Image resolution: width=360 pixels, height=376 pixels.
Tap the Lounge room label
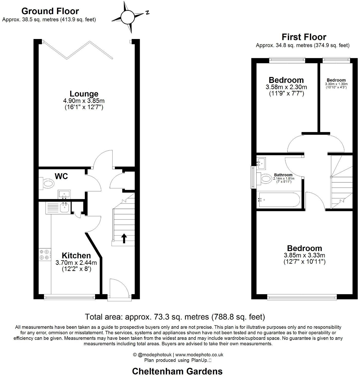tap(84, 94)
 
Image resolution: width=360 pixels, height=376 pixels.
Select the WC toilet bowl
tap(47, 183)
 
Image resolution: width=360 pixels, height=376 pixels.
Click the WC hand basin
tap(64, 194)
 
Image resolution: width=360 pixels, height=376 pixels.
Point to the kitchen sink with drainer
tap(58, 208)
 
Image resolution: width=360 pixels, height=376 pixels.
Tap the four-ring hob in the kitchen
tap(44, 255)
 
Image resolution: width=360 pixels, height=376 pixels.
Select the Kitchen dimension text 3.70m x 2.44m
tap(76, 263)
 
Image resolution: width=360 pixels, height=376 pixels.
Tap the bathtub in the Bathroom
tap(278, 200)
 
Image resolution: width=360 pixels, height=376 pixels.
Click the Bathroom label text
tap(283, 175)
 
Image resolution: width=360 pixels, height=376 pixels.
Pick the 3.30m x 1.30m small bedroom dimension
tap(336, 84)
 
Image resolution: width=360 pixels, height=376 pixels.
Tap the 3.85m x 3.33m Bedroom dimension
tap(304, 255)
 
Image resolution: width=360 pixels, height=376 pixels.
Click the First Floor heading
tap(304, 37)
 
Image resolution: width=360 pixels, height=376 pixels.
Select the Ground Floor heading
tap(50, 11)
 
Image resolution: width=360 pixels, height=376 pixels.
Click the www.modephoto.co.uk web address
tap(199, 355)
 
